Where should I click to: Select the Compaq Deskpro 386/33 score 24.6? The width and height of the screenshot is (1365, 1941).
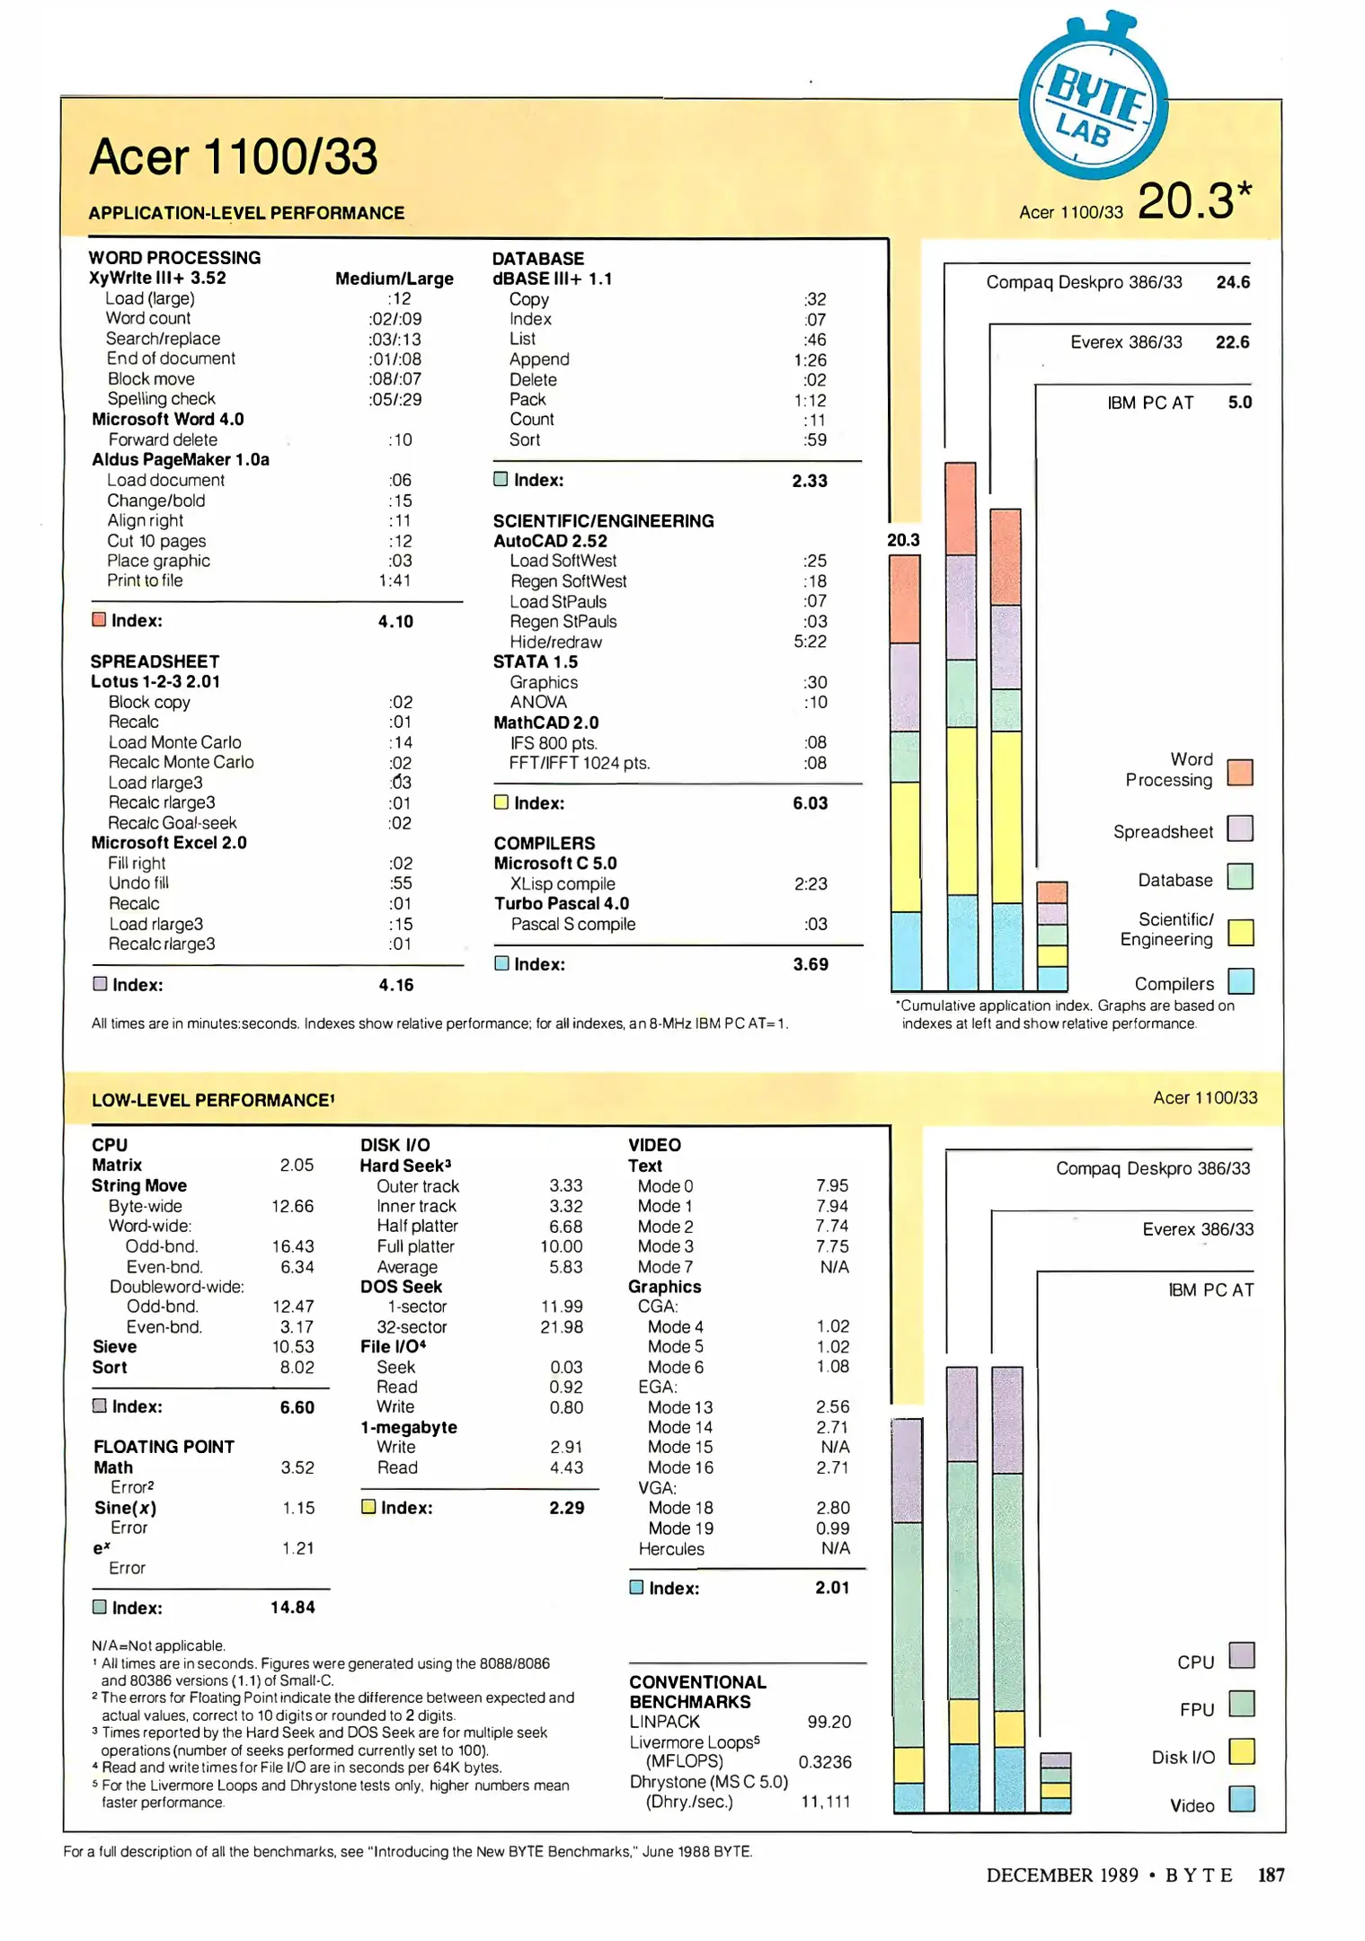(1232, 282)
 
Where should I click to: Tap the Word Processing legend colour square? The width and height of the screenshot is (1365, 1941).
(1240, 772)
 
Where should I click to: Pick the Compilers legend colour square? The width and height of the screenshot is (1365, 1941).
(1240, 980)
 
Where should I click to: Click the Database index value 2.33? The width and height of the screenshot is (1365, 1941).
(809, 481)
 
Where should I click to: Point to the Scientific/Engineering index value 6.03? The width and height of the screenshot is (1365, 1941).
(810, 803)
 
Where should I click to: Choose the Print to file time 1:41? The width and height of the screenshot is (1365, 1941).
(394, 581)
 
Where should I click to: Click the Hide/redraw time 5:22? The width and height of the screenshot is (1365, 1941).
(810, 642)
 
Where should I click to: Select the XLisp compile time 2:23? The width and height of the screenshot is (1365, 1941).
(810, 884)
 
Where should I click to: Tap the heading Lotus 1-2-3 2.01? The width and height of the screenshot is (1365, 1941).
(155, 682)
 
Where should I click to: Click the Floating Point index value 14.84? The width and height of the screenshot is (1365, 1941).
(293, 1608)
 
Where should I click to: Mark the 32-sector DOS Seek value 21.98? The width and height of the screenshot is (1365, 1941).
(562, 1327)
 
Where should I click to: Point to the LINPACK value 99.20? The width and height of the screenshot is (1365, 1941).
(829, 1722)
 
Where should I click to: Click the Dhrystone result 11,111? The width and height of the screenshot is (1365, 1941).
(825, 1802)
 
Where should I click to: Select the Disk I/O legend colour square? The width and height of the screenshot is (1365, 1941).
(1241, 1751)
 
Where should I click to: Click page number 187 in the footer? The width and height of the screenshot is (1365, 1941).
(1271, 1875)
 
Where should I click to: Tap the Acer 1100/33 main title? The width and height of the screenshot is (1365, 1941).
(234, 157)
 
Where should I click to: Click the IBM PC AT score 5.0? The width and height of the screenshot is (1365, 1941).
(1239, 403)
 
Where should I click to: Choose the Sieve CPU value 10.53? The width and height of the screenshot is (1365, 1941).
(293, 1347)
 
